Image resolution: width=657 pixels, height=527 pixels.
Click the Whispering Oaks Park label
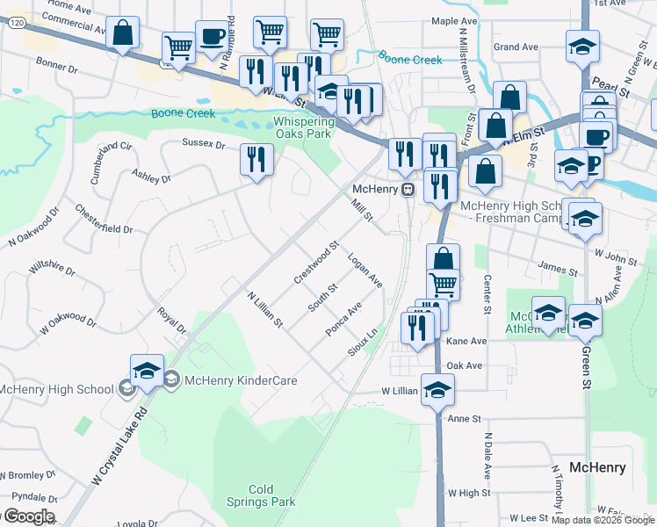pos(303,127)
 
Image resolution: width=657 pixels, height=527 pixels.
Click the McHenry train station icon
pos(408,190)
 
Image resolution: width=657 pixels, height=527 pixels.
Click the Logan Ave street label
pos(365,271)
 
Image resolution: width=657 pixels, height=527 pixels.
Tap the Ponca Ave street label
pos(343,320)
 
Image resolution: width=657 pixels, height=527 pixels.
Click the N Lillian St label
pos(264,310)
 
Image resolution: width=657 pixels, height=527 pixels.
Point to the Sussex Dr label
pos(204,142)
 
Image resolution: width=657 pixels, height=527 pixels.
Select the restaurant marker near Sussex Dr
pos(256,159)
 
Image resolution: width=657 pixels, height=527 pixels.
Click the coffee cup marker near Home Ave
pos(212,37)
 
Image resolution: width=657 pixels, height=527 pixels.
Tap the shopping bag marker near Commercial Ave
pos(123,34)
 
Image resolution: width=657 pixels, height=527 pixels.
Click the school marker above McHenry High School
pos(147,372)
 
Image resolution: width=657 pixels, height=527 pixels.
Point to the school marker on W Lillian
pos(437,389)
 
